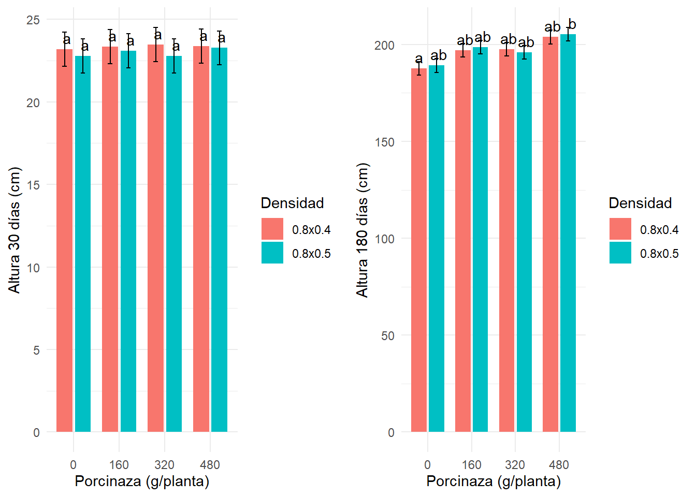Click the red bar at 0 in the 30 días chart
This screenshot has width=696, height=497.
point(64,241)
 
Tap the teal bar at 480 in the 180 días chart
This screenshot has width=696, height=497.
point(568,233)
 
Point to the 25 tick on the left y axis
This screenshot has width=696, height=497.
point(33,20)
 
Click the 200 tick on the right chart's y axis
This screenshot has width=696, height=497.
point(384,45)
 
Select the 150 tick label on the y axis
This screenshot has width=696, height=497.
point(384,142)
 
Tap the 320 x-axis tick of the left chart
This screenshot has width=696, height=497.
point(165,464)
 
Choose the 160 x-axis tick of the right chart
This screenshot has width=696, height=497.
point(472,464)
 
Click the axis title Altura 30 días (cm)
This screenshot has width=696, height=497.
point(15,230)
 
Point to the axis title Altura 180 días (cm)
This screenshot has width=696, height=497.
point(363,230)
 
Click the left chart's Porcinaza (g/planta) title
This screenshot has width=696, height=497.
point(142,481)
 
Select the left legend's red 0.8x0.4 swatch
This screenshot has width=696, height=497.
point(272,229)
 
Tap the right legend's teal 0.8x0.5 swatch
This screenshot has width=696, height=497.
point(620,253)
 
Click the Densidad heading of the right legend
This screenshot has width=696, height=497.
point(640,203)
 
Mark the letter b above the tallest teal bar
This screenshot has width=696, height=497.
point(572,24)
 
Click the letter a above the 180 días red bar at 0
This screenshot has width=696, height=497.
point(419,59)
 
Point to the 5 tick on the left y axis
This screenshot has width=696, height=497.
point(36,350)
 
